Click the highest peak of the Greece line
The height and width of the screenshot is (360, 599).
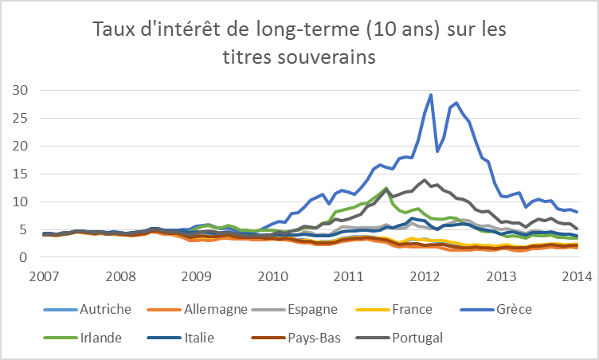point(431,95)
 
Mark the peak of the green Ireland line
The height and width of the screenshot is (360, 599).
point(386,189)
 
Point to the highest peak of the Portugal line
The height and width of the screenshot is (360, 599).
point(425,180)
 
